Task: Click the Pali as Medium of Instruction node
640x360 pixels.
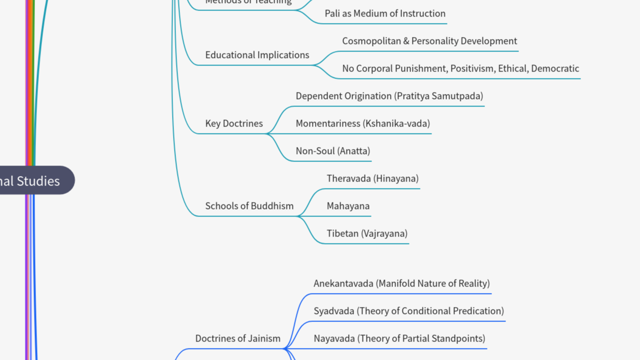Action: [x=384, y=13]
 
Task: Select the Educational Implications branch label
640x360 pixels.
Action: [x=257, y=55]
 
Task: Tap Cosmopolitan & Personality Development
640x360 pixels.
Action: [x=429, y=41]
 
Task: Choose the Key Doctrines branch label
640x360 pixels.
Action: [x=233, y=123]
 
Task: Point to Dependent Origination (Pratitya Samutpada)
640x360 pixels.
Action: [x=389, y=96]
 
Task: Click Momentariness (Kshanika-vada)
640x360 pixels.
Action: [x=362, y=123]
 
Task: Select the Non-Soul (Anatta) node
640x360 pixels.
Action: [x=332, y=151]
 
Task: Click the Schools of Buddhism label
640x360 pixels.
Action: [x=249, y=206]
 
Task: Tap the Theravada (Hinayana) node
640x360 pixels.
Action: [x=372, y=178]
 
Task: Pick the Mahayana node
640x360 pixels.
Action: [x=348, y=206]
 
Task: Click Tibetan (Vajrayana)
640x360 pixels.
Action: [x=367, y=233]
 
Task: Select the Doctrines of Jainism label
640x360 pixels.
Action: [x=237, y=338]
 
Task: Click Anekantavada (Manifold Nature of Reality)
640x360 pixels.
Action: [x=401, y=283]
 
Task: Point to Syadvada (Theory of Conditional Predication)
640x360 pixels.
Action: [x=408, y=311]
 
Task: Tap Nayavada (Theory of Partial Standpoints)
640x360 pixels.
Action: [x=399, y=338]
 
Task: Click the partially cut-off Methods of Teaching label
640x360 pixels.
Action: [x=248, y=2]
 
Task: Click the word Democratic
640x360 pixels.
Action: [x=555, y=68]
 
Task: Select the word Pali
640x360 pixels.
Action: [x=333, y=13]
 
